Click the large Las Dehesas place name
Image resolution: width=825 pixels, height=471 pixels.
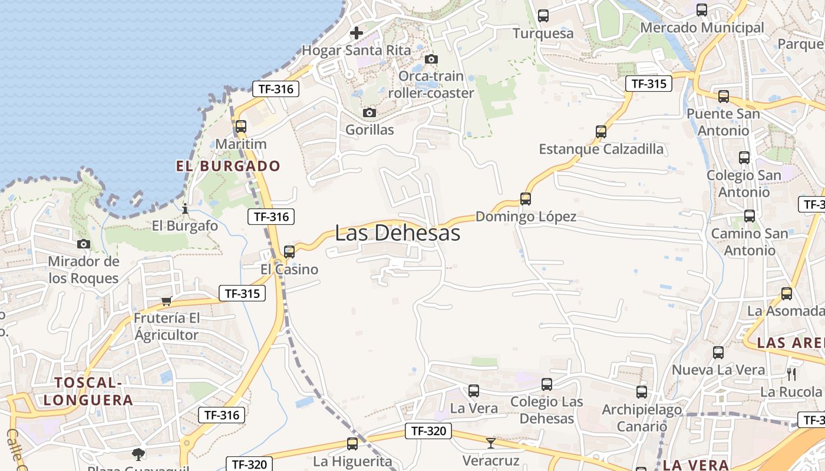397,233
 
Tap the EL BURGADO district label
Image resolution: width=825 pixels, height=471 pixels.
228,166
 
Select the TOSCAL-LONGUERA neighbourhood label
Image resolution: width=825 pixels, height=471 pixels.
88,392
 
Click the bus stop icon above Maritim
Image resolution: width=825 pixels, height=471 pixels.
240,127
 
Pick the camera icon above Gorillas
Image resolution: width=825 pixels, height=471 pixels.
369,112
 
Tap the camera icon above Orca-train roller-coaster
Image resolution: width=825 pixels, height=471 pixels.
431,59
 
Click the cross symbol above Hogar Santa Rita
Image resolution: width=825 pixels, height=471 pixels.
357,33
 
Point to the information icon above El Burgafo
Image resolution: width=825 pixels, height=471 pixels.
185,208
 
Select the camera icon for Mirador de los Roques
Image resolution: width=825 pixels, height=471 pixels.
84,244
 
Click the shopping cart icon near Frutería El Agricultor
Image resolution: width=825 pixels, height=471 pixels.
167,301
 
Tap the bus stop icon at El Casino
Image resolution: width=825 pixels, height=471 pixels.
289,251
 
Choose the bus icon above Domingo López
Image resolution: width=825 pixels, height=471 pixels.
526,199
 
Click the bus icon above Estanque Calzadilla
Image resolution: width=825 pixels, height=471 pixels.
601,132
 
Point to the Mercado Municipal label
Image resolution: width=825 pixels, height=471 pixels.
701,28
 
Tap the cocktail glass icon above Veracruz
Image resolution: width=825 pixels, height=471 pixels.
490,443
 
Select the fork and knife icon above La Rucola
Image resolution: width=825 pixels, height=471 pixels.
791,374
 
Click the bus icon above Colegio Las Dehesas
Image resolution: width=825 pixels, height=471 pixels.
547,384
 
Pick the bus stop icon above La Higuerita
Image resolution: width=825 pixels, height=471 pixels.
352,444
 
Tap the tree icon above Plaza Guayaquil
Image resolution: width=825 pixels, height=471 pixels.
138,454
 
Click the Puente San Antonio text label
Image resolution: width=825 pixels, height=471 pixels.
723,121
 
